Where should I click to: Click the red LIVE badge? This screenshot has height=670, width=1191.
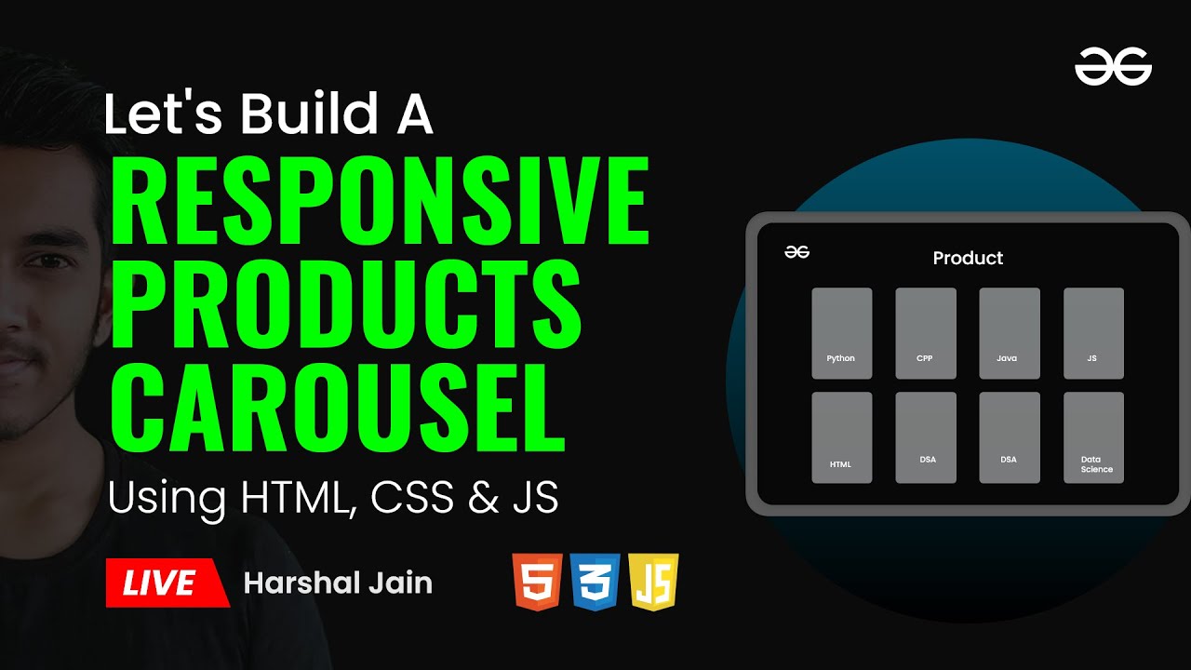pyautogui.click(x=166, y=583)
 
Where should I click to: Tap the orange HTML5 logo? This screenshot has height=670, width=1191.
pyautogui.click(x=537, y=582)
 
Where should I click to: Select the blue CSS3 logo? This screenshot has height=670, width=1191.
pyautogui.click(x=595, y=582)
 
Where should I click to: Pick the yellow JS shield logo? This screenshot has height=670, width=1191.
pyautogui.click(x=653, y=582)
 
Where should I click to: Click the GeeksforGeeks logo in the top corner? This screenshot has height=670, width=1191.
pyautogui.click(x=1113, y=67)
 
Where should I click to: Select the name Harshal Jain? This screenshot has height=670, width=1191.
pyautogui.click(x=338, y=583)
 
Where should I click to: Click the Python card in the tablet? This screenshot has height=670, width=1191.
pyautogui.click(x=842, y=333)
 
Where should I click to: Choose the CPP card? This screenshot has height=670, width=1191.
pyautogui.click(x=926, y=333)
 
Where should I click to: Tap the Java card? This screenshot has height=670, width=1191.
pyautogui.click(x=1010, y=333)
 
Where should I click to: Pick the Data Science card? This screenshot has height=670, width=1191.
pyautogui.click(x=1093, y=437)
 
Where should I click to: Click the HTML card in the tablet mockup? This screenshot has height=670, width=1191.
pyautogui.click(x=842, y=437)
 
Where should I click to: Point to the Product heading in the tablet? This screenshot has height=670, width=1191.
pyautogui.click(x=968, y=258)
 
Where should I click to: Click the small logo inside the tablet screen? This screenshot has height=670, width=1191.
pyautogui.click(x=796, y=251)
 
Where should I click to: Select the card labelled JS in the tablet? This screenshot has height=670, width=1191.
pyautogui.click(x=1093, y=333)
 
